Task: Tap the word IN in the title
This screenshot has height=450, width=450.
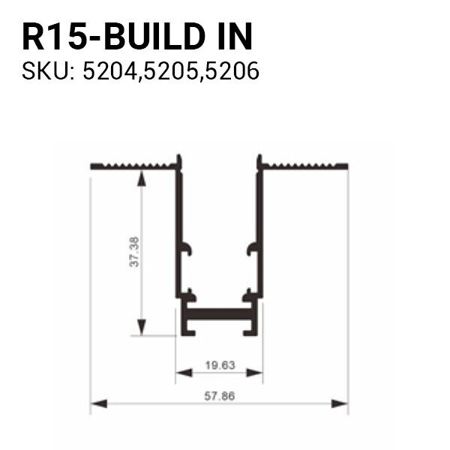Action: point(232,36)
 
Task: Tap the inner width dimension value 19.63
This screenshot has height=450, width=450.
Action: point(220,365)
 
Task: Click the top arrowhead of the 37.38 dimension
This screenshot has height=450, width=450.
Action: point(140,175)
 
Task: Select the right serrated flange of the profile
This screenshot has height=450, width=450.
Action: point(304,164)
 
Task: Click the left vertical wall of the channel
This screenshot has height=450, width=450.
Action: point(178,225)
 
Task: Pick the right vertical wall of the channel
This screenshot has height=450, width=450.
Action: point(261,225)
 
